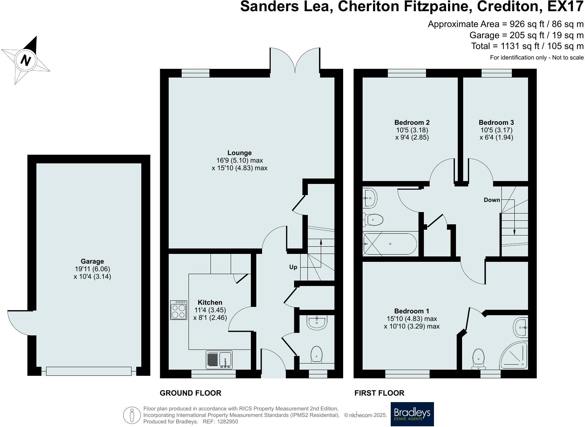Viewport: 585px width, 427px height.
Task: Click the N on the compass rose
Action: click(25, 60)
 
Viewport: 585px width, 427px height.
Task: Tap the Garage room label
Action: click(92, 261)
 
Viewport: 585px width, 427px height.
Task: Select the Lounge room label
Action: click(239, 153)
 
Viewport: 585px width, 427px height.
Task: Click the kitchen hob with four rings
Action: click(179, 310)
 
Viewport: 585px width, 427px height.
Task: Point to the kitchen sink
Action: click(219, 360)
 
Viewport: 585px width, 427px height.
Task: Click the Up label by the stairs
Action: click(293, 267)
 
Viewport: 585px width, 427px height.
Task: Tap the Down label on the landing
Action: click(492, 200)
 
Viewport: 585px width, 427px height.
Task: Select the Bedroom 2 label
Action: click(412, 122)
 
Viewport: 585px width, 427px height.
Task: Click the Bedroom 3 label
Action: click(496, 122)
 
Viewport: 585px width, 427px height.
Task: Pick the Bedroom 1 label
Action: click(412, 311)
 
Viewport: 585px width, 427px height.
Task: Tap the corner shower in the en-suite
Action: click(514, 355)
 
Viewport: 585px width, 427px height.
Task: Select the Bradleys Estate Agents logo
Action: click(412, 414)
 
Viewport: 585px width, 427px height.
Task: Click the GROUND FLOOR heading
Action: click(190, 393)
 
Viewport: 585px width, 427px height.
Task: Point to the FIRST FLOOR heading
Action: click(379, 393)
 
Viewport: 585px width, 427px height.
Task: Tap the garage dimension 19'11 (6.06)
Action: click(92, 269)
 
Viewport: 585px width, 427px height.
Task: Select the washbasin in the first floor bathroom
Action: click(369, 198)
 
